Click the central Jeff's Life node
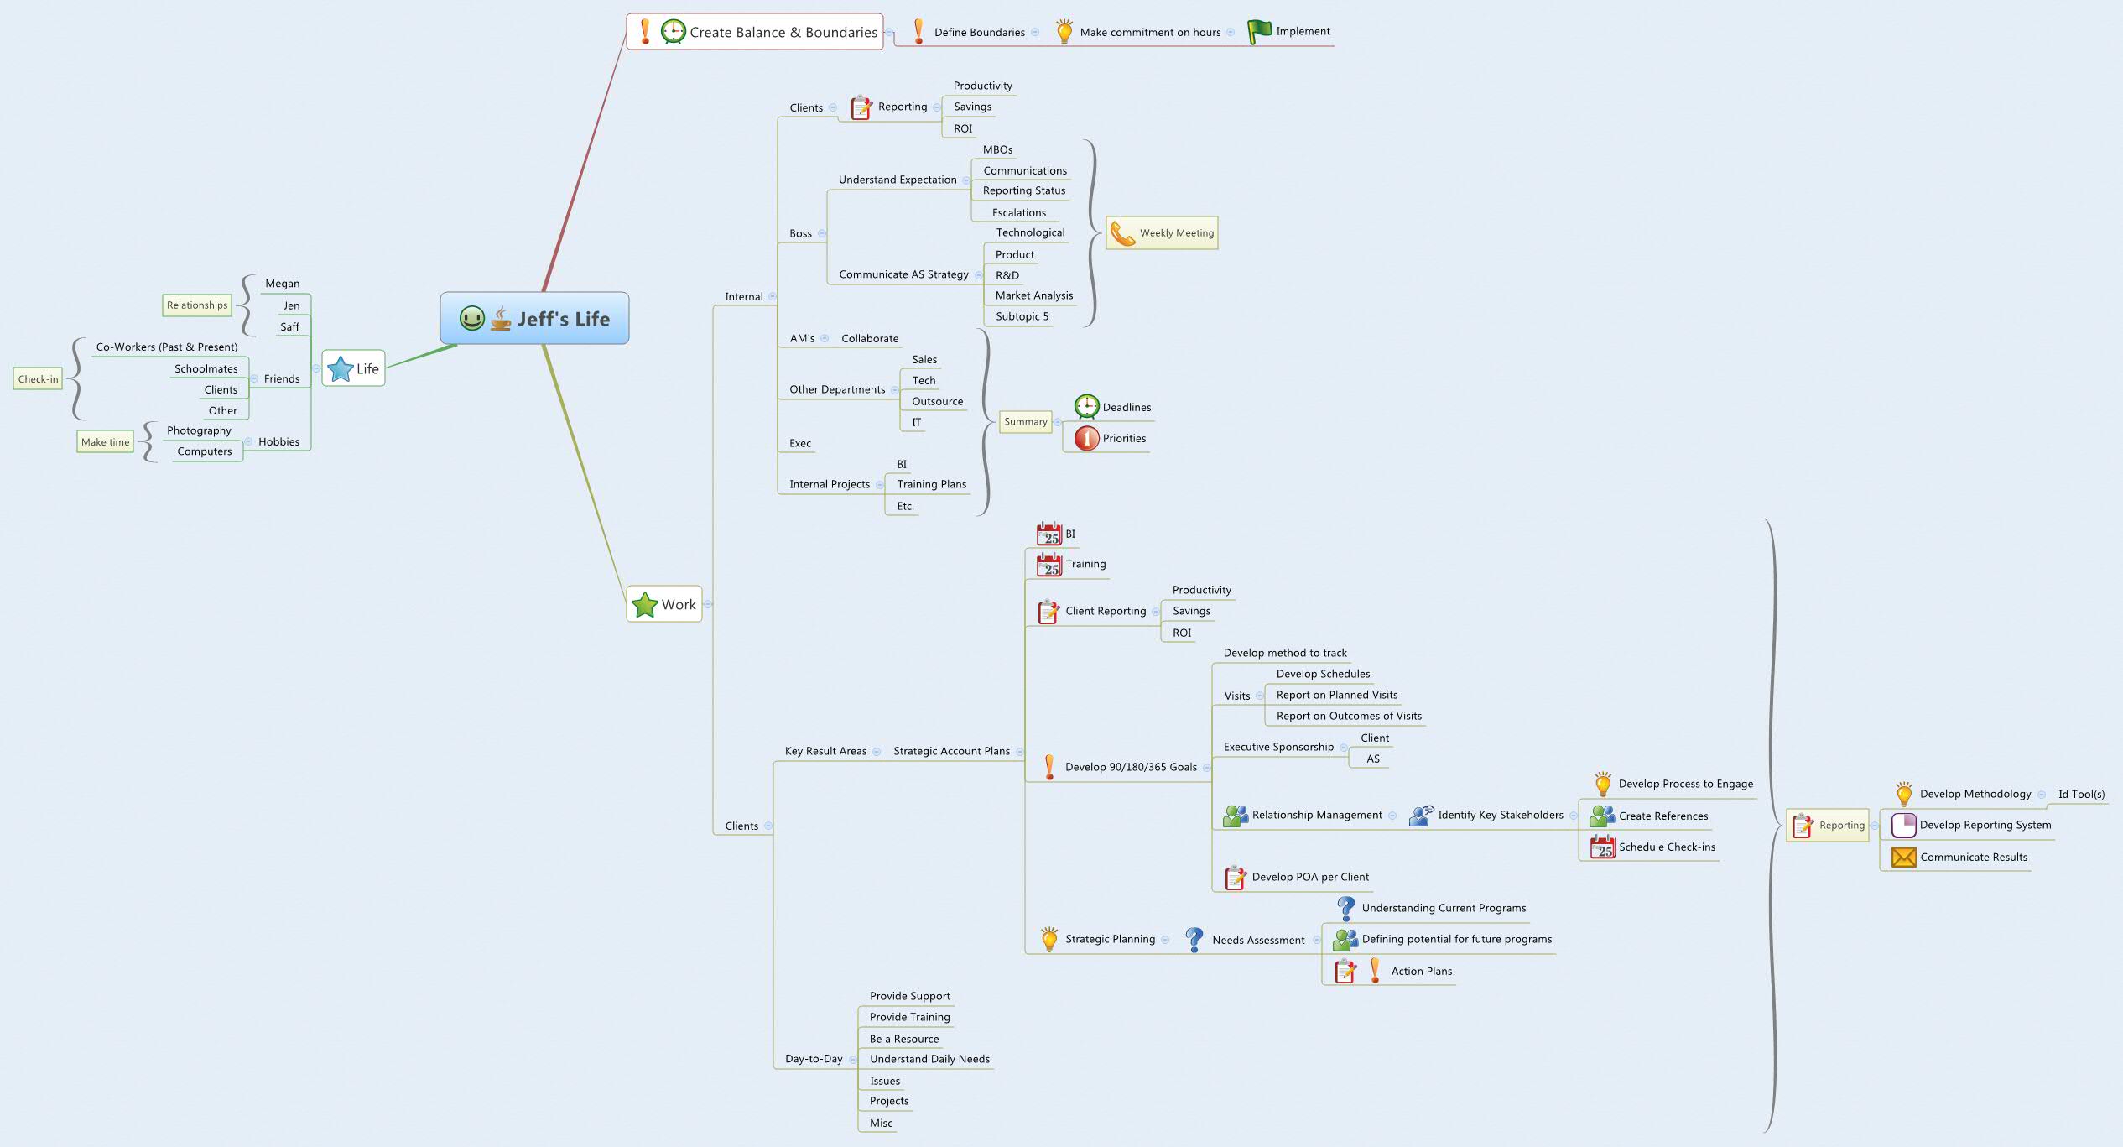(x=535, y=318)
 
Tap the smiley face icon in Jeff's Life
(x=472, y=318)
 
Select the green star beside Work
(x=644, y=604)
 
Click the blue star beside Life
(x=341, y=368)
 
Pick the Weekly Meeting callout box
(x=1162, y=233)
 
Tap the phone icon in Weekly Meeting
(x=1121, y=233)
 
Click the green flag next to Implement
(x=1259, y=32)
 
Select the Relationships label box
(x=197, y=305)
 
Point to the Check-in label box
(x=39, y=379)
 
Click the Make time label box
(x=106, y=442)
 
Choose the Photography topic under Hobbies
(x=199, y=430)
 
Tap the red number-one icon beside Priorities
(x=1087, y=438)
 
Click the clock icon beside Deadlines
(x=1087, y=407)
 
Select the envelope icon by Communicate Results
(x=1904, y=857)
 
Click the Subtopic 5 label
(x=1022, y=316)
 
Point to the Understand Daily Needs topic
(x=929, y=1059)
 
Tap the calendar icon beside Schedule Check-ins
(x=1603, y=847)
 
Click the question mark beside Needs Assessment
(x=1194, y=939)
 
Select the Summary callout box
(x=1026, y=422)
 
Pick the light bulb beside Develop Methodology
(x=1904, y=794)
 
